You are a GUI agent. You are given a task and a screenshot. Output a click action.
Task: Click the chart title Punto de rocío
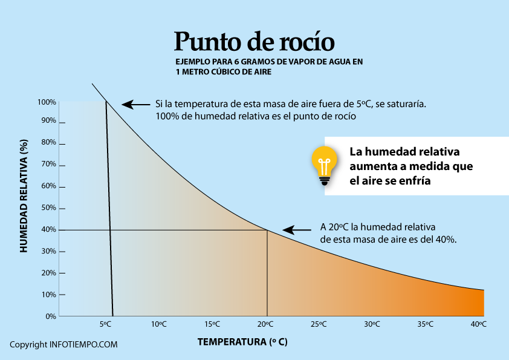coord(254,41)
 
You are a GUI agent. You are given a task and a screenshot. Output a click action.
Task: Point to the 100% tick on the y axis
coord(48,102)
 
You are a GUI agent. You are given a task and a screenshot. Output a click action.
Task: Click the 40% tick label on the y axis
coord(48,230)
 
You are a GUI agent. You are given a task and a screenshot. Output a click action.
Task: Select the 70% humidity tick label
coord(48,165)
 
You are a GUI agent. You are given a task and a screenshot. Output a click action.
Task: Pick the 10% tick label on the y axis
coord(48,295)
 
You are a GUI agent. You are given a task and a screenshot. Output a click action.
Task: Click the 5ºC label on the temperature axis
coord(105,324)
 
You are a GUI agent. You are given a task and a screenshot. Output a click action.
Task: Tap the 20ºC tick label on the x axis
coord(266,324)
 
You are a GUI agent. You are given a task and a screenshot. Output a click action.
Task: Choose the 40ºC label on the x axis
coord(479,324)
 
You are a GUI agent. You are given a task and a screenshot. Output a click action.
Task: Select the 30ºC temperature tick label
coord(372,324)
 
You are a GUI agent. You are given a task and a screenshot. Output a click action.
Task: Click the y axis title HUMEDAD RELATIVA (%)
coord(24,195)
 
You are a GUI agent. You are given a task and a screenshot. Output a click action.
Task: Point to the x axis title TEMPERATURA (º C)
coord(242,342)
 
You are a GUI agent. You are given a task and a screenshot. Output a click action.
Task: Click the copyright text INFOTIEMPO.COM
coord(63,344)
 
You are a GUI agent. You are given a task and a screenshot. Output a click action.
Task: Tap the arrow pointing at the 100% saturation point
coord(136,105)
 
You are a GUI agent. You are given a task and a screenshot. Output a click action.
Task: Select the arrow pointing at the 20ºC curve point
coord(297,230)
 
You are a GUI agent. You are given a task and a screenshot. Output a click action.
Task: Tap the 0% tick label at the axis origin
coord(50,316)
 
